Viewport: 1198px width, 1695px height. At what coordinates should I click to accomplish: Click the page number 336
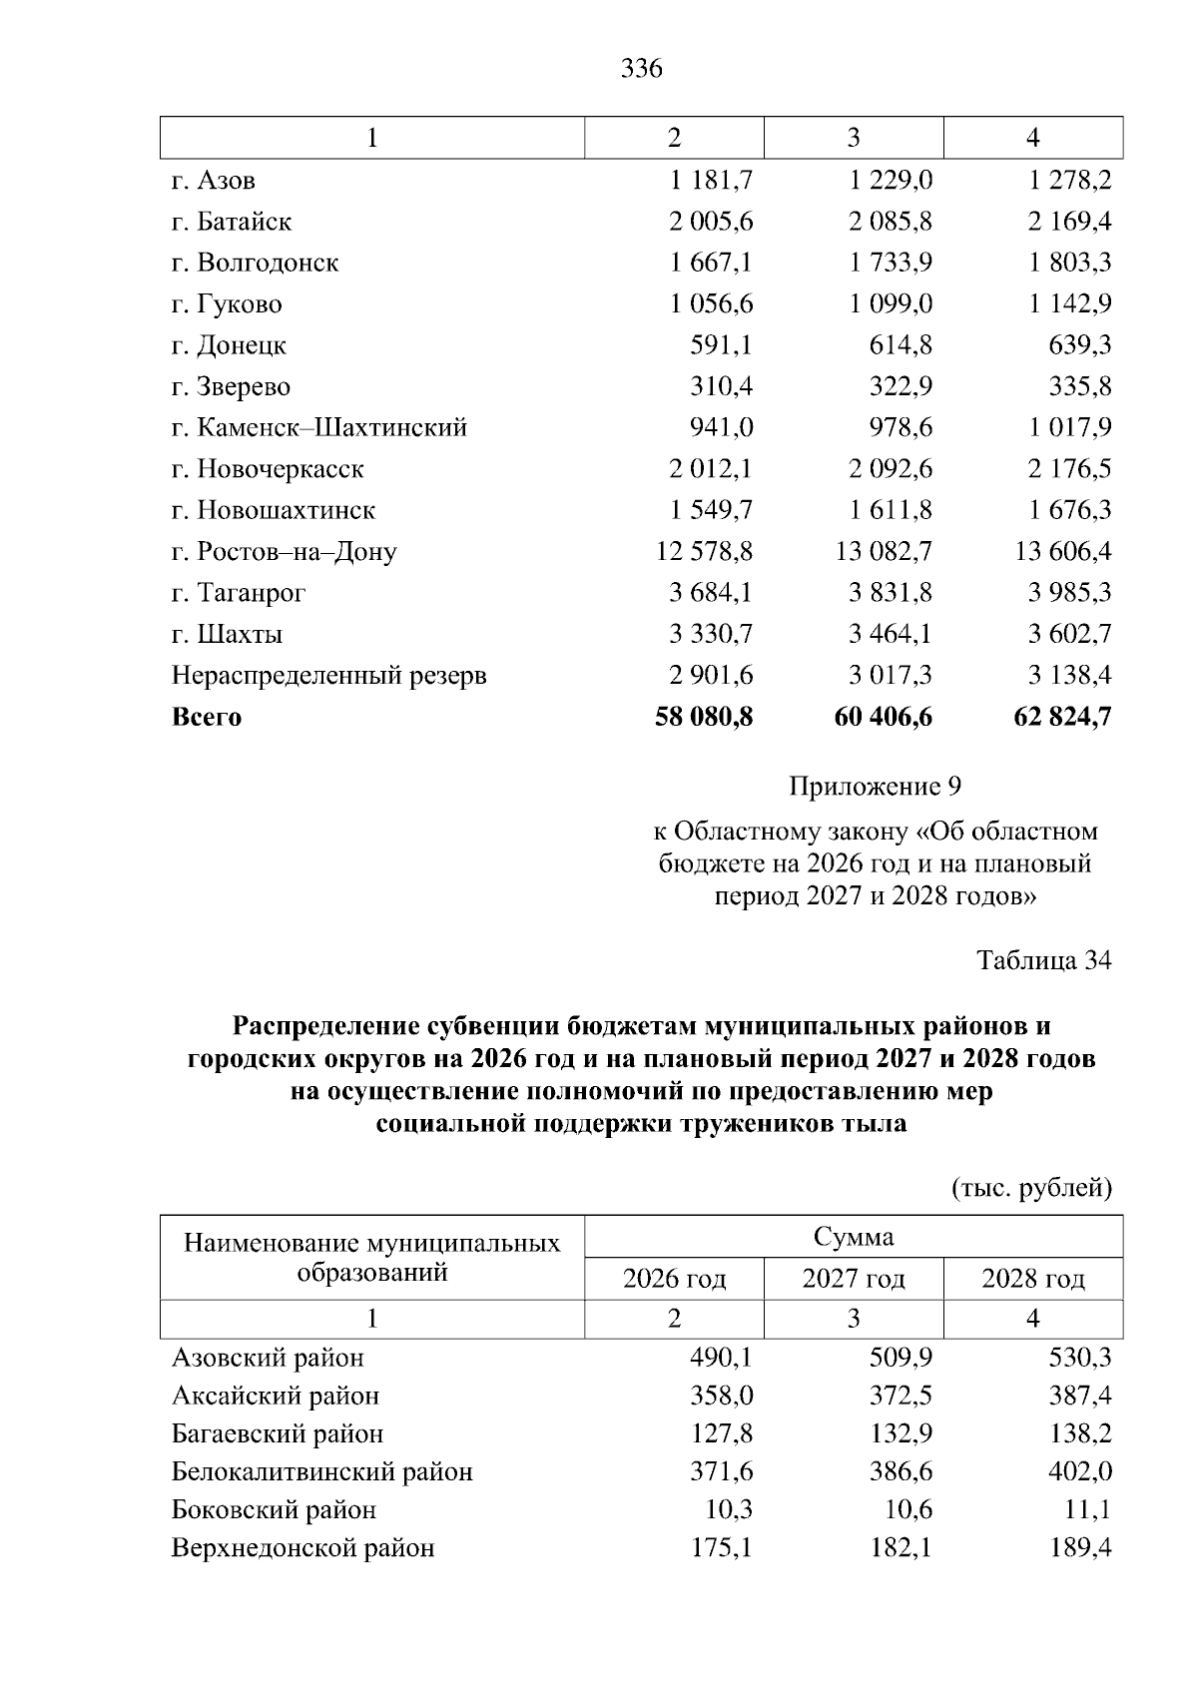pyautogui.click(x=641, y=69)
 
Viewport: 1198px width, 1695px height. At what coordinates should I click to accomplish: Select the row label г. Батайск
pyautogui.click(x=232, y=222)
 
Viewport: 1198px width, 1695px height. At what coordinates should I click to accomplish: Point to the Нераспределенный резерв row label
pyautogui.click(x=329, y=676)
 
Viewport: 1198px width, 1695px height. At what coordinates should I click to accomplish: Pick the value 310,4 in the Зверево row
pyautogui.click(x=721, y=386)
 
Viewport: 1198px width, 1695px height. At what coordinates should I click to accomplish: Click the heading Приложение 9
pyautogui.click(x=875, y=787)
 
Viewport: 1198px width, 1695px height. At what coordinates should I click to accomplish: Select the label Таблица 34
pyautogui.click(x=1043, y=960)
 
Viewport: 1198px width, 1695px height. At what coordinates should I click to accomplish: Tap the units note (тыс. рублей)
pyautogui.click(x=1031, y=1188)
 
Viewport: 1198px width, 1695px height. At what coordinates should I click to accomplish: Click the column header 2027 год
pyautogui.click(x=854, y=1279)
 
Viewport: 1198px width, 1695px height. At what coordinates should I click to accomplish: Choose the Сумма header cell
pyautogui.click(x=854, y=1238)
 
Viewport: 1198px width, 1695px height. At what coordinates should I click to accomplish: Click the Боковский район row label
pyautogui.click(x=274, y=1510)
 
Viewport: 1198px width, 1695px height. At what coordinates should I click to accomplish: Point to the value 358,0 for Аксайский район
pyautogui.click(x=721, y=1396)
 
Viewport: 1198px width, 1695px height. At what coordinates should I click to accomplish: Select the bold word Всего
pyautogui.click(x=207, y=717)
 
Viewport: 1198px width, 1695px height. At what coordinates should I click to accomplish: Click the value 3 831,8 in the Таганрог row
pyautogui.click(x=891, y=593)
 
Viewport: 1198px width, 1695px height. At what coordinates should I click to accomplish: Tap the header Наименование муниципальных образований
pyautogui.click(x=372, y=1258)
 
